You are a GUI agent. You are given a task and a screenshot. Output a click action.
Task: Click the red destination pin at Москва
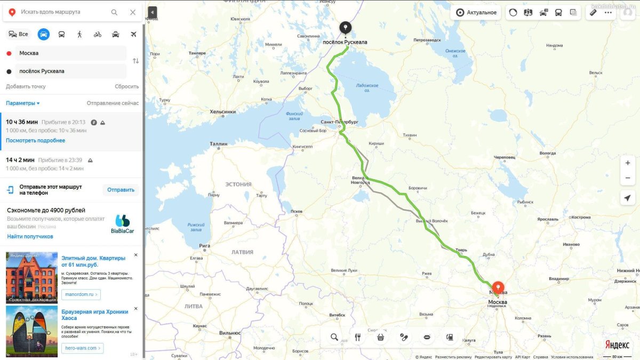point(498,288)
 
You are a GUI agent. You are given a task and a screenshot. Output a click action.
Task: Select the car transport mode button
point(44,34)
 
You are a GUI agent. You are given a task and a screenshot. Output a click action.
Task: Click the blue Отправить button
point(121,190)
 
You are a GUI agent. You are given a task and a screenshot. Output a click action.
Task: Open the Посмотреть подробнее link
point(36,140)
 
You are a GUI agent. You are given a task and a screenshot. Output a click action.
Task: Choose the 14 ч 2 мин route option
point(20,160)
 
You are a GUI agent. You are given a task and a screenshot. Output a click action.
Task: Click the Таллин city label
point(218,143)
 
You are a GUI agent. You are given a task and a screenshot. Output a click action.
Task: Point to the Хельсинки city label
point(223,111)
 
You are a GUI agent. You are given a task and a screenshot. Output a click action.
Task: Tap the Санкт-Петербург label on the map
point(339,122)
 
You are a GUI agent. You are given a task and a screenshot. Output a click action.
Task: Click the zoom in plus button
point(628,163)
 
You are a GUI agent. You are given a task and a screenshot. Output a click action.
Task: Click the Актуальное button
point(477,12)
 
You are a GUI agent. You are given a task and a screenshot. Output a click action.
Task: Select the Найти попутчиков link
point(30,236)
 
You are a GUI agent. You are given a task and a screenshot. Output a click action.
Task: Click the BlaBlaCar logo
point(122,225)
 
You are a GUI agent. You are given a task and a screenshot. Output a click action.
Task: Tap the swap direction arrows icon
point(135,61)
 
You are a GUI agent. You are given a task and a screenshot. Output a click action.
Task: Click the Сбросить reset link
point(126,86)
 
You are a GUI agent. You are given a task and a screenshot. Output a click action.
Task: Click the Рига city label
point(204,246)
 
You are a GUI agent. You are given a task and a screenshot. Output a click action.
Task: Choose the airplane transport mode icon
point(133,34)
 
